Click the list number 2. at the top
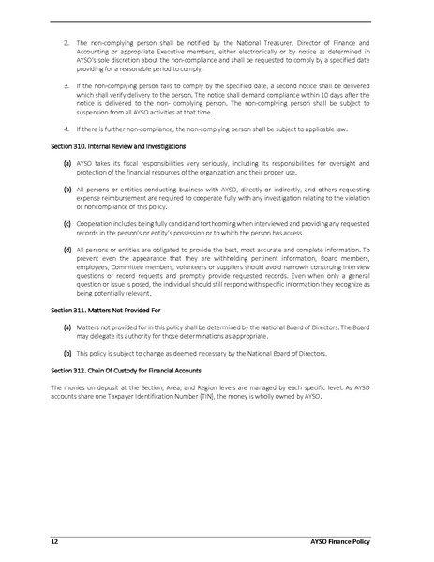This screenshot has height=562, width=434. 67,43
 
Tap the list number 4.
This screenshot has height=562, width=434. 67,127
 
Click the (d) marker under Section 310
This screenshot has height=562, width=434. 67,251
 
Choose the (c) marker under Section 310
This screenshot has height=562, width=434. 67,224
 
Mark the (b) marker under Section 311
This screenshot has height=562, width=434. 67,354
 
